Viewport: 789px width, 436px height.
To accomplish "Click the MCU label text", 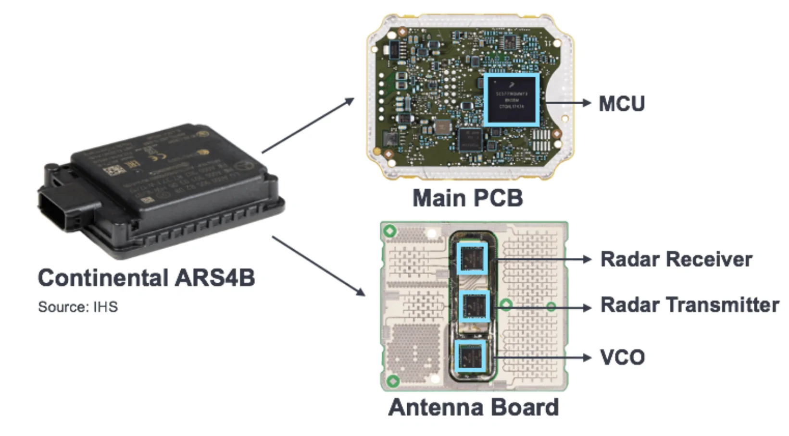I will click(x=621, y=104).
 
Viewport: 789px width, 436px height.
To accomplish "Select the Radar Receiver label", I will click(x=676, y=259).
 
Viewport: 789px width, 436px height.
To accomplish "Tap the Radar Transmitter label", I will click(x=689, y=305).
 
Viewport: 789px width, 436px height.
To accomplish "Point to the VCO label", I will click(x=622, y=357).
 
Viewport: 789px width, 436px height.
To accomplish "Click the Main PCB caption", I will click(x=467, y=198).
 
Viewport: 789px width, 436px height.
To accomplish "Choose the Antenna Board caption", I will click(x=473, y=407).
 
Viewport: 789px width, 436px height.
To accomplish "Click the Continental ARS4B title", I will click(x=146, y=278).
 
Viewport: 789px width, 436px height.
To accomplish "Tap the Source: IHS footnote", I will click(x=78, y=307).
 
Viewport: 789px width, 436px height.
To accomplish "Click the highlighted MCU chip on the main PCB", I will click(x=511, y=99).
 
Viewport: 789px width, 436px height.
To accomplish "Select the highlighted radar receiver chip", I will click(x=472, y=258).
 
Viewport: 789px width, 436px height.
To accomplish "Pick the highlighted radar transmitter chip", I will click(x=475, y=306).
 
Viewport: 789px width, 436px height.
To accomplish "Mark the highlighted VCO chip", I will click(x=470, y=356).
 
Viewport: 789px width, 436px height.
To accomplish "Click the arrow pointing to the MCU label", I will click(x=567, y=103).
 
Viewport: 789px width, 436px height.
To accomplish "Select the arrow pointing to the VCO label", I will click(x=543, y=357).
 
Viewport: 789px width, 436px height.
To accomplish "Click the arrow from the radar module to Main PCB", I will click(x=308, y=125).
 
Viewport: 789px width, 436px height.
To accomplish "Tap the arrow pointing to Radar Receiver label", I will click(x=543, y=259).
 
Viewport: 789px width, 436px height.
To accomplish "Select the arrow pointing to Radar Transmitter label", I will click(x=543, y=307).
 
